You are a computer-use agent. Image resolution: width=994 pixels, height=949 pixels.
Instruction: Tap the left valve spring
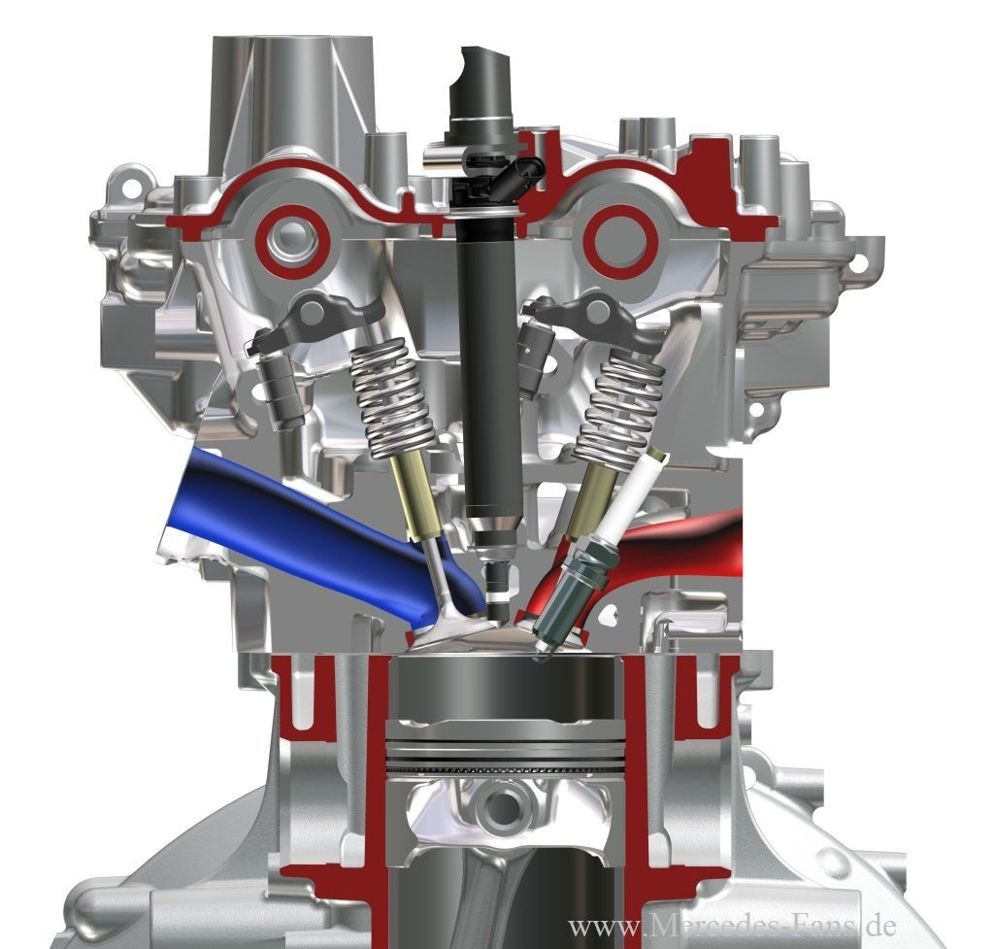[390, 398]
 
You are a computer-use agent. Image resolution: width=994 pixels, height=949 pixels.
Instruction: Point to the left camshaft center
[292, 242]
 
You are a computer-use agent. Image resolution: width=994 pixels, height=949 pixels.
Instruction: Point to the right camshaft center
[619, 242]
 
